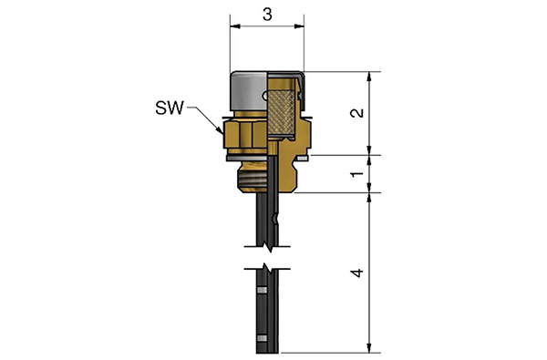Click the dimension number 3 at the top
pyautogui.click(x=267, y=15)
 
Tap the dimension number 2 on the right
pyautogui.click(x=356, y=113)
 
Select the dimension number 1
pyautogui.click(x=356, y=174)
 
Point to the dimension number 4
pyautogui.click(x=356, y=273)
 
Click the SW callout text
pyautogui.click(x=170, y=108)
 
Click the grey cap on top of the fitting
pyautogui.click(x=248, y=89)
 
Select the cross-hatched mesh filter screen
pyautogui.click(x=282, y=112)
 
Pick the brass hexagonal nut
pyautogui.click(x=245, y=134)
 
